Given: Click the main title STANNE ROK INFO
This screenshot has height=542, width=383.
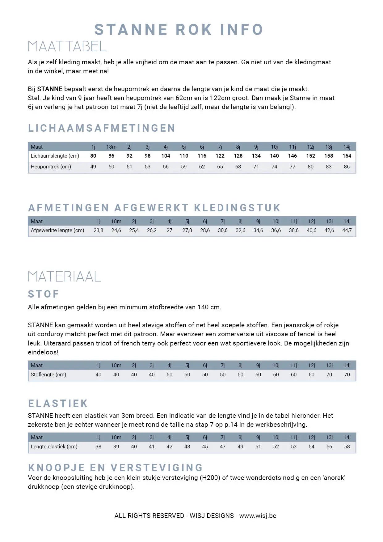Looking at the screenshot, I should pyautogui.click(x=179, y=30).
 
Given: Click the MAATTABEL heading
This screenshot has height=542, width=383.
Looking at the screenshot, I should pyautogui.click(x=67, y=46).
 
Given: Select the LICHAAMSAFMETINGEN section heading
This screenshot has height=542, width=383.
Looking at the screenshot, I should pyautogui.click(x=102, y=128).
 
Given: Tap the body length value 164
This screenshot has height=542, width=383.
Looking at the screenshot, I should pyautogui.click(x=347, y=156).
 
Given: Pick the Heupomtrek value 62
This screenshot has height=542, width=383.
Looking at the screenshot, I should pyautogui.click(x=202, y=167).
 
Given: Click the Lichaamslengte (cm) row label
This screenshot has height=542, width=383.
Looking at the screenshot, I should pyautogui.click(x=55, y=156).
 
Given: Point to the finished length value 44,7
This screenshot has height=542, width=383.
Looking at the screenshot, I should pyautogui.click(x=347, y=231).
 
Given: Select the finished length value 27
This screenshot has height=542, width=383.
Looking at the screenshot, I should pyautogui.click(x=169, y=231).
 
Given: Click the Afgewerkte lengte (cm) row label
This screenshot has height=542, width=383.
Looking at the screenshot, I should pyautogui.click(x=57, y=231).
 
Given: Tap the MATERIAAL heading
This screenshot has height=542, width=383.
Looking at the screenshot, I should pyautogui.click(x=65, y=277).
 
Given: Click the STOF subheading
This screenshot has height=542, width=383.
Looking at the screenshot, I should pyautogui.click(x=44, y=294).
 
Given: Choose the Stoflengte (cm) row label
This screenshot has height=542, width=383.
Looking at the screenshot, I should pyautogui.click(x=48, y=375).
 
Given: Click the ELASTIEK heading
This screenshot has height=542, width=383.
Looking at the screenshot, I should pyautogui.click(x=58, y=404).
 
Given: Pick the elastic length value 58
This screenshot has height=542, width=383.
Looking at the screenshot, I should pyautogui.click(x=347, y=447).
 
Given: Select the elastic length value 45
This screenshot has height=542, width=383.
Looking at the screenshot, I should pyautogui.click(x=205, y=447).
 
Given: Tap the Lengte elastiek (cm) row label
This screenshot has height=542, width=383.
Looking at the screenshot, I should pyautogui.click(x=54, y=447).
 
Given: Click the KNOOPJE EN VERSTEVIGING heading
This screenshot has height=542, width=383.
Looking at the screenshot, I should pyautogui.click(x=116, y=468).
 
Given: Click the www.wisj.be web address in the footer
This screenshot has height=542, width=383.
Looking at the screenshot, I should pyautogui.click(x=258, y=516).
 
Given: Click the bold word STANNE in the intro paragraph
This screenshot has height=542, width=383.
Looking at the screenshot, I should pyautogui.click(x=50, y=89).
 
